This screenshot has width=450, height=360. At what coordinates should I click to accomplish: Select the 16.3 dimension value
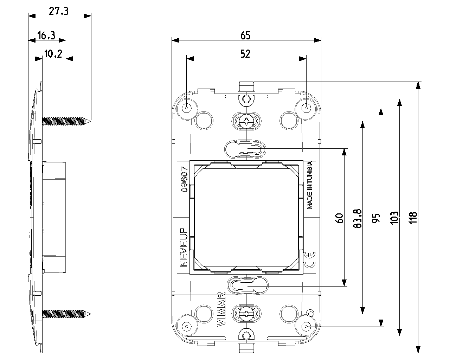pos(46,35)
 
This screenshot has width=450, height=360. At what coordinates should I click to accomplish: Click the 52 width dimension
pos(245,54)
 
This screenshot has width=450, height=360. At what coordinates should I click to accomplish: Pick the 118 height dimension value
pos(413,218)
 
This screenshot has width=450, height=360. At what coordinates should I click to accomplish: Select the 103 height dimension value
pos(394,218)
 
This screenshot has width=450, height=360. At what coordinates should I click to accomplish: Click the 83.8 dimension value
pos(357,218)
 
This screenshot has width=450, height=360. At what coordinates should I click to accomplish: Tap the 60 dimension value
pos(339,218)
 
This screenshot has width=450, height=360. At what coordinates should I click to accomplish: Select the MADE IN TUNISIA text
pos(310,185)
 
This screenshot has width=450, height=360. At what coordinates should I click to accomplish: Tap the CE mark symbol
pos(310,260)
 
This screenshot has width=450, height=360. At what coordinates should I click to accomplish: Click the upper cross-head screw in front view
pos(247,122)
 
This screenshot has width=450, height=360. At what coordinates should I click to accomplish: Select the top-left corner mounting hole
pos(187,107)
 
